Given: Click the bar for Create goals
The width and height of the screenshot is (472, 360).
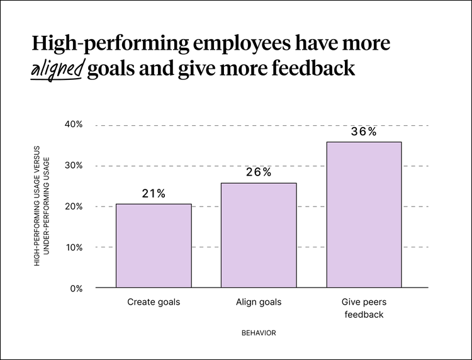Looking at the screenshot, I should pos(154,245).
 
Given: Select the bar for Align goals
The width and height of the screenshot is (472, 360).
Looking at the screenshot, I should pos(259,235).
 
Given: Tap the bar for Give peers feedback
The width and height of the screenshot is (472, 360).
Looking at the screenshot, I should pos(364,215).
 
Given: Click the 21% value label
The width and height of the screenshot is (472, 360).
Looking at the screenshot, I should pos(154,194).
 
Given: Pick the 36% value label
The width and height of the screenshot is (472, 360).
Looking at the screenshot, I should pos(364,132).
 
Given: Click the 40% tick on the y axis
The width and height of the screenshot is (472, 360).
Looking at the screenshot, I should pos(74,125).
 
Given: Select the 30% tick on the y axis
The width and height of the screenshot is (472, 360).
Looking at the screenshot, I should pos(74,166).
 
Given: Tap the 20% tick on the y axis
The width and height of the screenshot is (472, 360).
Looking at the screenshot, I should pos(74,206).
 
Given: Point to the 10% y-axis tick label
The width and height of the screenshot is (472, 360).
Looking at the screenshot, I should pos(74,247).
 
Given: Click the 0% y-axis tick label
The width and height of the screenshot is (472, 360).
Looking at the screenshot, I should pos(76,288).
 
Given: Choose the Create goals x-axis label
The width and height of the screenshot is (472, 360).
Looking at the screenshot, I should pos(154,302).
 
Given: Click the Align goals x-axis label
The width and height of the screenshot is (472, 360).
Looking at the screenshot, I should pos(259,302).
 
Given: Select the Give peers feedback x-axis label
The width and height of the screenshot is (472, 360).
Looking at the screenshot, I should pos(364,308).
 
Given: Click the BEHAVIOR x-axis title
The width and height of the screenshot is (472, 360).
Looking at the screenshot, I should pos(259,332).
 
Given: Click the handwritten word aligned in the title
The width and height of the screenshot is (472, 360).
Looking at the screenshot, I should pos(57,69).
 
